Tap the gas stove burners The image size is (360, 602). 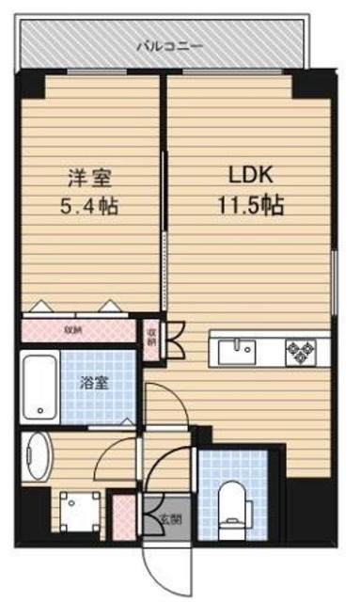coord(303,351)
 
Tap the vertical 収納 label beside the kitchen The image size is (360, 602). coord(151,337)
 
